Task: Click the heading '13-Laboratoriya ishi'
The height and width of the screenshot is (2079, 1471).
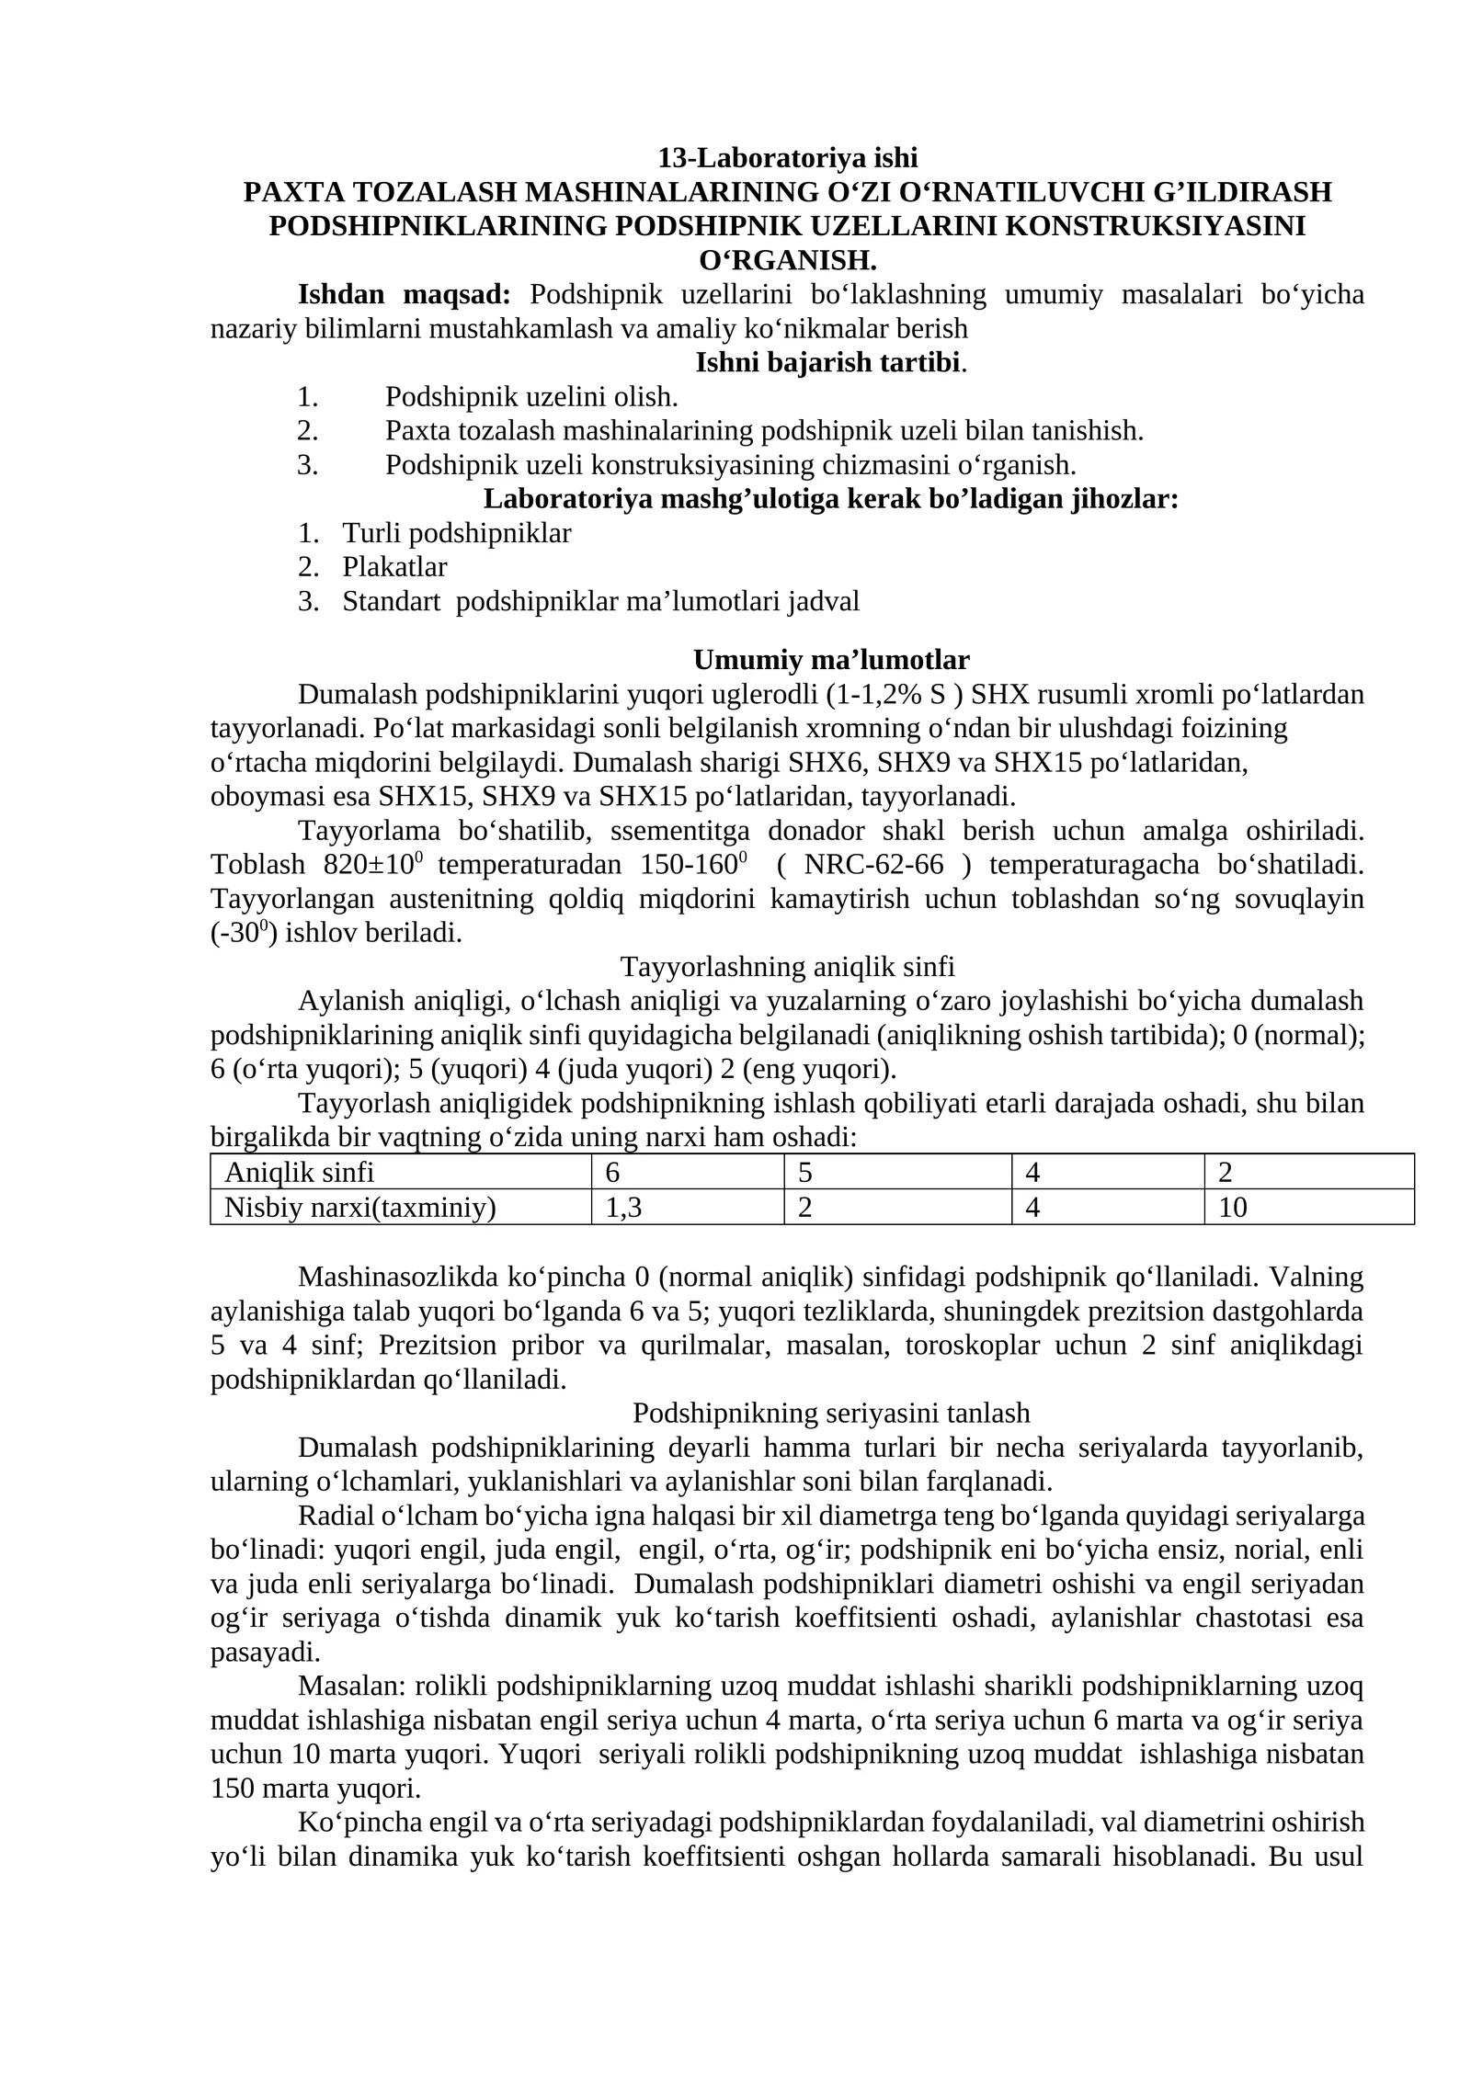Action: pyautogui.click(x=787, y=158)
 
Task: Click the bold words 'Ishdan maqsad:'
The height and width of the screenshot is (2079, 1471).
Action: pyautogui.click(x=404, y=294)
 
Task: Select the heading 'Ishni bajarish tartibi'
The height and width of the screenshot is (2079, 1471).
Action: pyautogui.click(x=827, y=362)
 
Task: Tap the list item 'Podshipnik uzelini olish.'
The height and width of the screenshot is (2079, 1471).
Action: pyautogui.click(x=530, y=397)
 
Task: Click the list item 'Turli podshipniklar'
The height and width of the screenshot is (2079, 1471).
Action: pyautogui.click(x=456, y=533)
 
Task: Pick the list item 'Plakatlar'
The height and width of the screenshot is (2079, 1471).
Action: pyautogui.click(x=394, y=567)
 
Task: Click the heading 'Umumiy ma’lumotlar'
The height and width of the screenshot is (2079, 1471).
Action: pyautogui.click(x=831, y=660)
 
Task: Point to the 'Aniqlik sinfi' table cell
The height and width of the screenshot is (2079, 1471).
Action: pyautogui.click(x=300, y=1172)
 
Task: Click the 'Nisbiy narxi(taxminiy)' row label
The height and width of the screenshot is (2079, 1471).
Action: pyautogui.click(x=359, y=1207)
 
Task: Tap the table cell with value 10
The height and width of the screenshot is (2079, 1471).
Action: pyautogui.click(x=1232, y=1207)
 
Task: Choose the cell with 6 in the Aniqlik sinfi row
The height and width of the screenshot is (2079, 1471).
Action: pyautogui.click(x=612, y=1172)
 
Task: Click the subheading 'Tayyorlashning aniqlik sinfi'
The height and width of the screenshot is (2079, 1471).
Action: pyautogui.click(x=787, y=967)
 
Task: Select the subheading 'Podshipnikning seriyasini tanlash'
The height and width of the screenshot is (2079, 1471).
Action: pyautogui.click(x=831, y=1413)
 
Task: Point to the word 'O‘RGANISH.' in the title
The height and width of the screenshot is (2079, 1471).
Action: pyautogui.click(x=787, y=260)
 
